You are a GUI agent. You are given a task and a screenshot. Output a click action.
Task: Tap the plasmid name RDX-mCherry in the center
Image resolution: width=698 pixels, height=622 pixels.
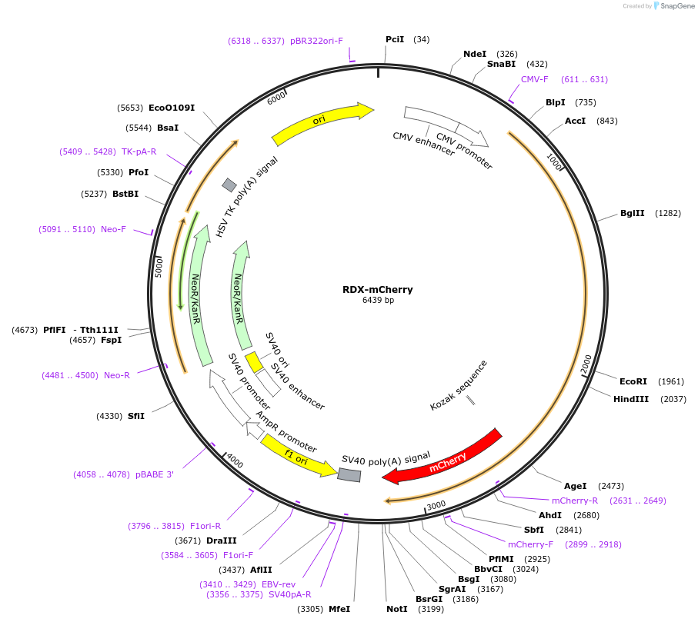point(378,290)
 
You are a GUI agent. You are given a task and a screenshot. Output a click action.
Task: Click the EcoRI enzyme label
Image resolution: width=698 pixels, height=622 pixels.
point(633,381)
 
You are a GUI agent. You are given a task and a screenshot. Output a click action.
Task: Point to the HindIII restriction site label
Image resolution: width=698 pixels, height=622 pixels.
point(631,399)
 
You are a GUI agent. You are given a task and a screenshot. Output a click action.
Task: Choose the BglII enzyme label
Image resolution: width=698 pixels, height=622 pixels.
point(633,213)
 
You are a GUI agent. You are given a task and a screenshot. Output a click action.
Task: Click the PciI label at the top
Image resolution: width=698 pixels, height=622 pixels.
point(395,39)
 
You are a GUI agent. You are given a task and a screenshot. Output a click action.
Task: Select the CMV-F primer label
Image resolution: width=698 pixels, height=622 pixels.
point(534,79)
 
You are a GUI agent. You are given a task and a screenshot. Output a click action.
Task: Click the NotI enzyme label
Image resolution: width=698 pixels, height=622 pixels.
point(397,609)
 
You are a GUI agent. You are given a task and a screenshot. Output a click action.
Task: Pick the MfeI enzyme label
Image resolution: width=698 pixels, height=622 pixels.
point(339,609)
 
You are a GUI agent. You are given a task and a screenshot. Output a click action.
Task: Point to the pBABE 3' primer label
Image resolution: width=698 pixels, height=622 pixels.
point(155,474)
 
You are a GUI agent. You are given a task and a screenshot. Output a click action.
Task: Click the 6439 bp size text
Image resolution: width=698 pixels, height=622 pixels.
point(378,301)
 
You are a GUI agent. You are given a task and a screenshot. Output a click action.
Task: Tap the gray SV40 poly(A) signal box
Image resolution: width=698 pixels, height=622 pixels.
point(349,475)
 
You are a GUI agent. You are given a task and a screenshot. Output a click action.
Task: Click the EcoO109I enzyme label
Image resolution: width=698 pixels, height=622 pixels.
point(172,108)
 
